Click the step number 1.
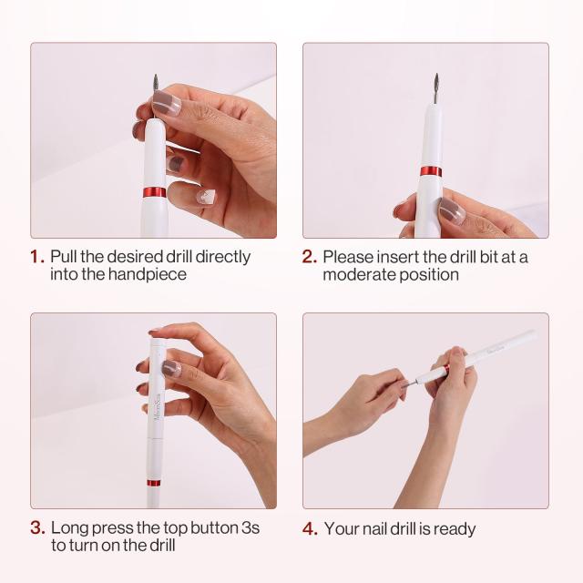point(36,257)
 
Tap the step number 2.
point(310,257)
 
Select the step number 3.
point(37,528)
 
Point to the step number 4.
point(310,528)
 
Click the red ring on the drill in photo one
point(155,192)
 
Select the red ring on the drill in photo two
point(431,171)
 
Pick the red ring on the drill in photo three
point(155,483)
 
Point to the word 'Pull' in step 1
point(65,257)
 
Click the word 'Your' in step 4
point(342,528)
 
